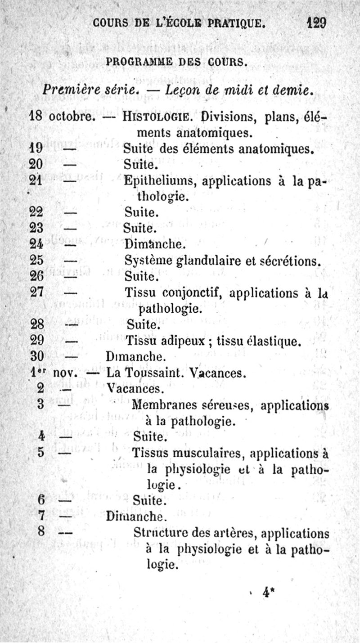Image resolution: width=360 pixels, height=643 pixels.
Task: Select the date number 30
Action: click(x=36, y=356)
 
